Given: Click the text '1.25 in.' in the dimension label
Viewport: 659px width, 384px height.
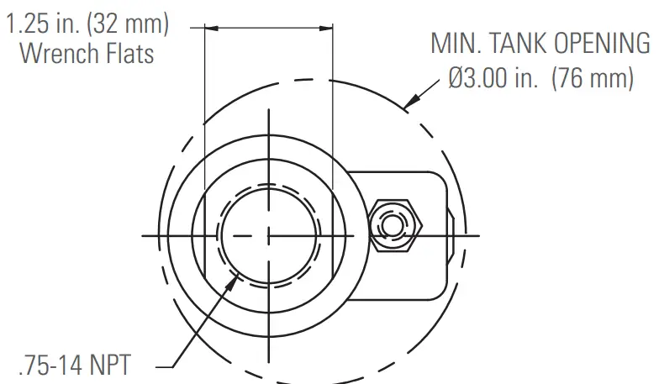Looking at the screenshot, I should click(x=39, y=24).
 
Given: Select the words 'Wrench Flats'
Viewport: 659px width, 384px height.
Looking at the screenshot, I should click(x=87, y=53).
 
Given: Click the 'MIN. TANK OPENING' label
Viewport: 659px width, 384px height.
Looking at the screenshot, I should click(x=540, y=44).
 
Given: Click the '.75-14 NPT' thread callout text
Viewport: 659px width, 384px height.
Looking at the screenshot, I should click(x=75, y=366).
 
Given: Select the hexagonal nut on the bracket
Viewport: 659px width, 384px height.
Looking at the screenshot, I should click(x=394, y=226).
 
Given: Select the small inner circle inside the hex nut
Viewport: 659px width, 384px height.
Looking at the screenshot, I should click(x=393, y=226).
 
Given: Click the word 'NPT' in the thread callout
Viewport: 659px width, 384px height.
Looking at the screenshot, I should click(x=109, y=366).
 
